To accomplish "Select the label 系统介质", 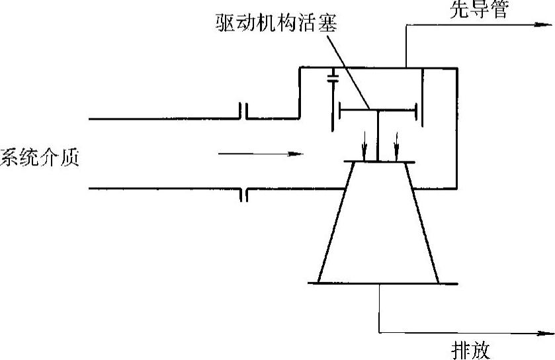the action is [40, 158].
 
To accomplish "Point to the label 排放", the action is [471, 349].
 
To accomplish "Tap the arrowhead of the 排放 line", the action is [547, 332].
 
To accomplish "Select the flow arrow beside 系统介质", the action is [261, 155].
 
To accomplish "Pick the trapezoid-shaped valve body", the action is [378, 225].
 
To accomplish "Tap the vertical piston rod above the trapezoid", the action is [377, 136].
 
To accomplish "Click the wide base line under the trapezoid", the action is [383, 284].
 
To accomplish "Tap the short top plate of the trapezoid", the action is [380, 162].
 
